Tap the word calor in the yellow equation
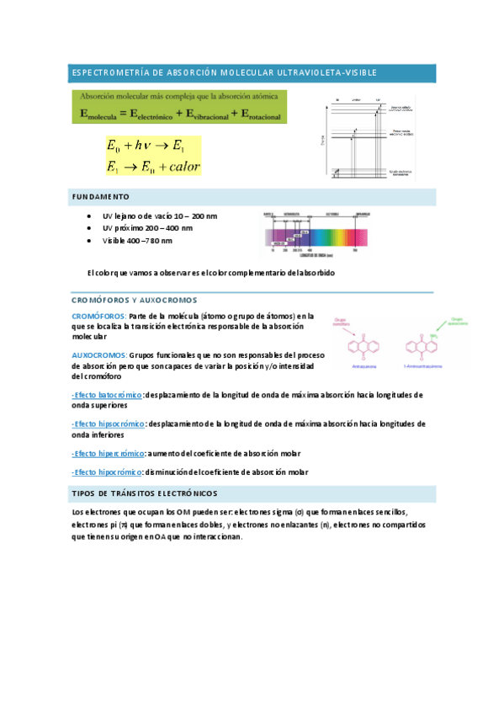179,166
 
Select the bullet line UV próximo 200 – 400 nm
146,228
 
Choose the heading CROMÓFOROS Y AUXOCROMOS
134,300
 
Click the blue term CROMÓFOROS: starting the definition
98,315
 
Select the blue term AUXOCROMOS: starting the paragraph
98,355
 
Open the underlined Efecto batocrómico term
108,394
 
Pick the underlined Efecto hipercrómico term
109,453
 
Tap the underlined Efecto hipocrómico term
108,473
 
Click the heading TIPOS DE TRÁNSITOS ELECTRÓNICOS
145,493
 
